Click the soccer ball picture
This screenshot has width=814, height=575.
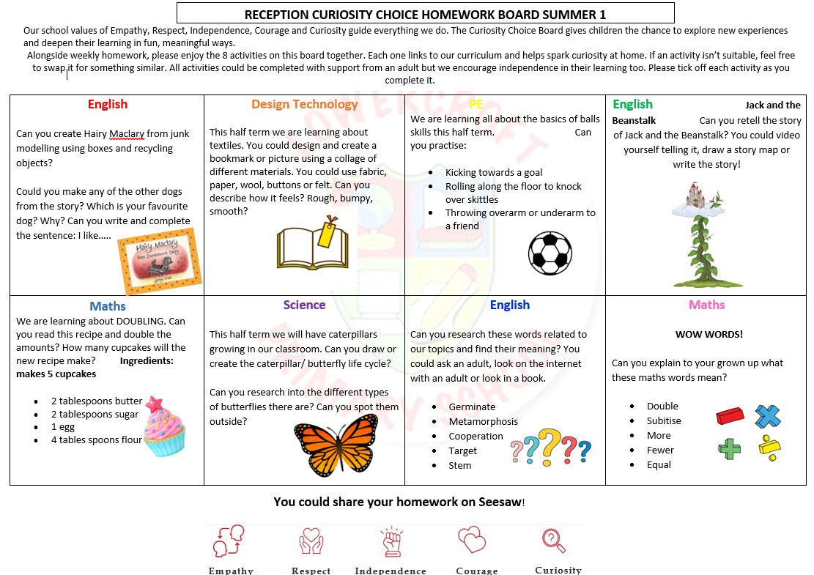pos(550,253)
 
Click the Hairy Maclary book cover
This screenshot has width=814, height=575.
pos(160,261)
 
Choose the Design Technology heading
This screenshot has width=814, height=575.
pos(304,105)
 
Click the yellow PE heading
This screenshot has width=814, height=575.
pos(476,105)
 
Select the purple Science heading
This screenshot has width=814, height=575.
pos(304,305)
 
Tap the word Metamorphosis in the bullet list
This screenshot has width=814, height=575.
pos(483,422)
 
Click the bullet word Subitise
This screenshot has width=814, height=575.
pos(664,421)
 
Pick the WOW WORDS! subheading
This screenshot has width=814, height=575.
pos(708,335)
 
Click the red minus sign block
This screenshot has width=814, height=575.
pos(730,417)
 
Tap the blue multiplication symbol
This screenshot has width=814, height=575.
pos(768,416)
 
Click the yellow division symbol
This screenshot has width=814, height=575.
pos(769,448)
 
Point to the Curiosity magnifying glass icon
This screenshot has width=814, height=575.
pos(554,541)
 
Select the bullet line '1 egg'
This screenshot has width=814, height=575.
pos(63,427)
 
